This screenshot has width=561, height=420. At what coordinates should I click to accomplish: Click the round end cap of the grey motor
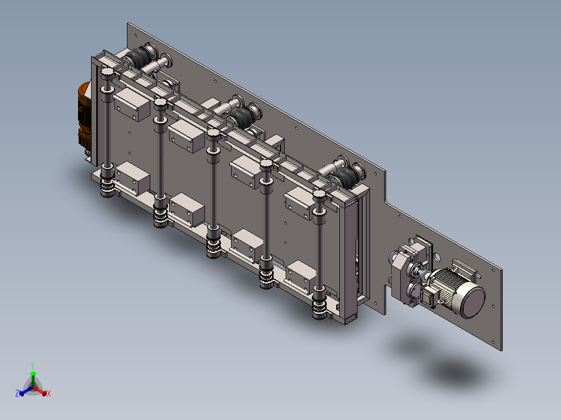[473, 299]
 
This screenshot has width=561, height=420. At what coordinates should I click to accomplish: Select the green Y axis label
[33, 365]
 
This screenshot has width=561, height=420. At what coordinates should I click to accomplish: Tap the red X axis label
[49, 393]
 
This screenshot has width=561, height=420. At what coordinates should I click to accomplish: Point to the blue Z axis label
[17, 393]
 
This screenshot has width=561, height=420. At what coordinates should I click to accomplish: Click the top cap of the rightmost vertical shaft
[319, 195]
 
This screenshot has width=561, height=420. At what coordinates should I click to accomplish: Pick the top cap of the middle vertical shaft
[213, 134]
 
